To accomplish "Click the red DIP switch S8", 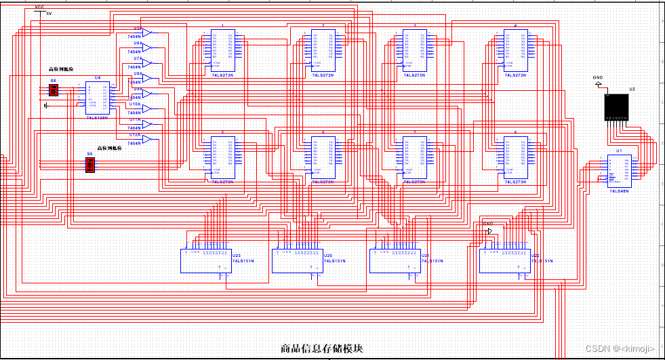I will point(54,89).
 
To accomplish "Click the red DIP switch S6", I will point(89,165).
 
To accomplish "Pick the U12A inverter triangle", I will point(147,140).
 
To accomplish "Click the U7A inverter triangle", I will point(147,62).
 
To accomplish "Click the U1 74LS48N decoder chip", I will point(619,172).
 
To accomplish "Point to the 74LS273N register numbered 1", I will point(222,50).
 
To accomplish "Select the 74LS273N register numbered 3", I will point(414,50).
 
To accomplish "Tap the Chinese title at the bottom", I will point(322,348).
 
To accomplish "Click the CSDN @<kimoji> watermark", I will point(620,348).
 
